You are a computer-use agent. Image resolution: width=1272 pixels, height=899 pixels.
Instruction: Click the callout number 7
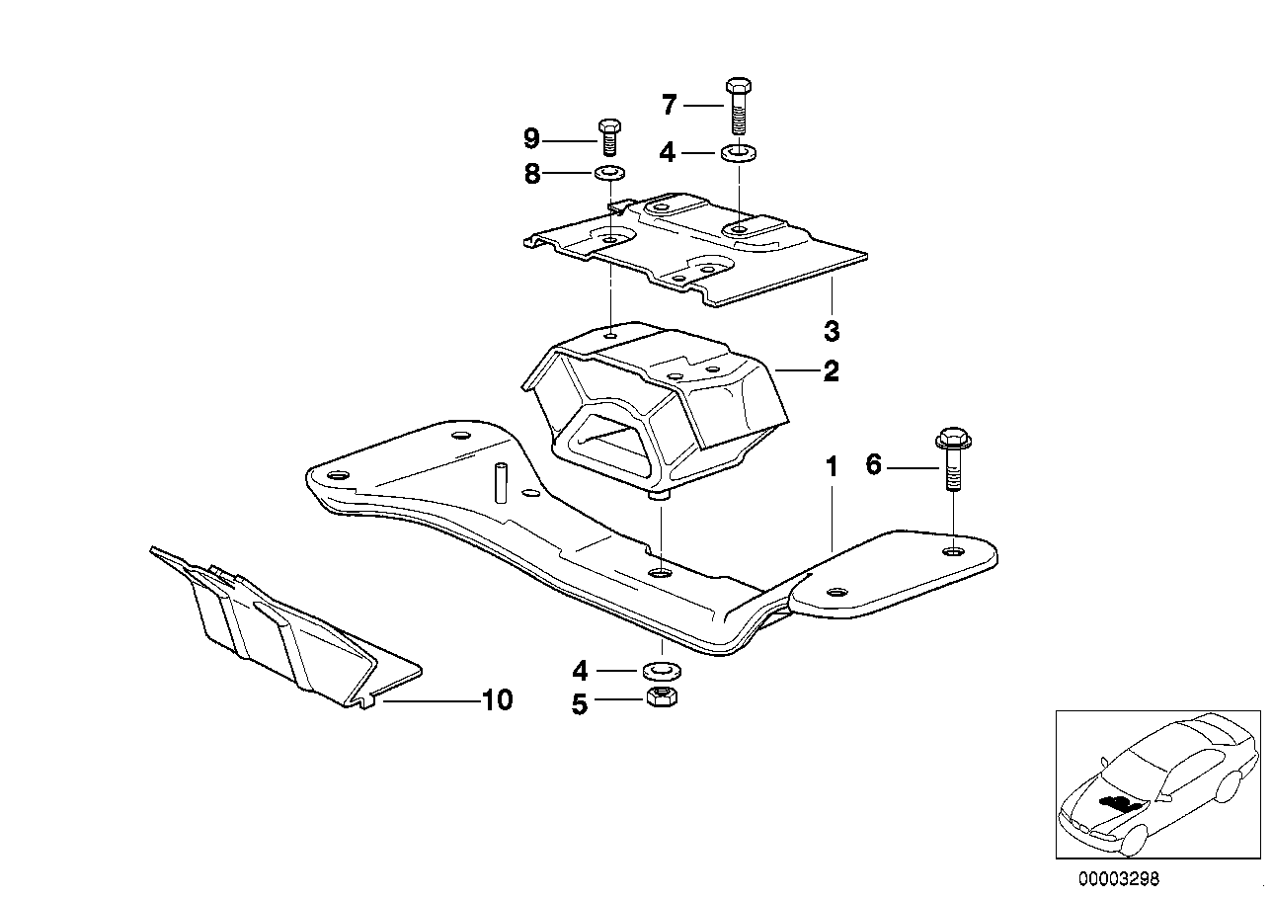(x=670, y=105)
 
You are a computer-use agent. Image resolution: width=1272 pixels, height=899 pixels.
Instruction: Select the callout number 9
(x=532, y=137)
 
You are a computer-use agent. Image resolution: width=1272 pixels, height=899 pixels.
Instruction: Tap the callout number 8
(x=532, y=175)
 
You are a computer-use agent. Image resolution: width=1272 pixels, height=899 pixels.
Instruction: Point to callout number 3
(x=832, y=329)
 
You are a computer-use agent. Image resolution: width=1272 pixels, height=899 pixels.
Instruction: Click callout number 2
(x=832, y=371)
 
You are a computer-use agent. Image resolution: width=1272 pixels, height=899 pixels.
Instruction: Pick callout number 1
(x=832, y=465)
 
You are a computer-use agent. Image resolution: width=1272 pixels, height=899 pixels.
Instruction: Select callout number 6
(x=873, y=464)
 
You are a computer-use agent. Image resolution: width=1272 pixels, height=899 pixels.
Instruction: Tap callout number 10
(x=497, y=700)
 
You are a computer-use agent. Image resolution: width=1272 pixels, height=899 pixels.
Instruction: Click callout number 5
(x=580, y=704)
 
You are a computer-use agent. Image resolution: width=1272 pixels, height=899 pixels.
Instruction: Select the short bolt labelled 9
(x=608, y=136)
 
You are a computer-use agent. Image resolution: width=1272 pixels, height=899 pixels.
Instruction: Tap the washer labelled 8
(x=609, y=175)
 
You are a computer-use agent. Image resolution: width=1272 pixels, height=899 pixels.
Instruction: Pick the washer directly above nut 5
(x=659, y=671)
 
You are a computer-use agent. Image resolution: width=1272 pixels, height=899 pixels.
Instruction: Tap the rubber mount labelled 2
(x=652, y=405)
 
